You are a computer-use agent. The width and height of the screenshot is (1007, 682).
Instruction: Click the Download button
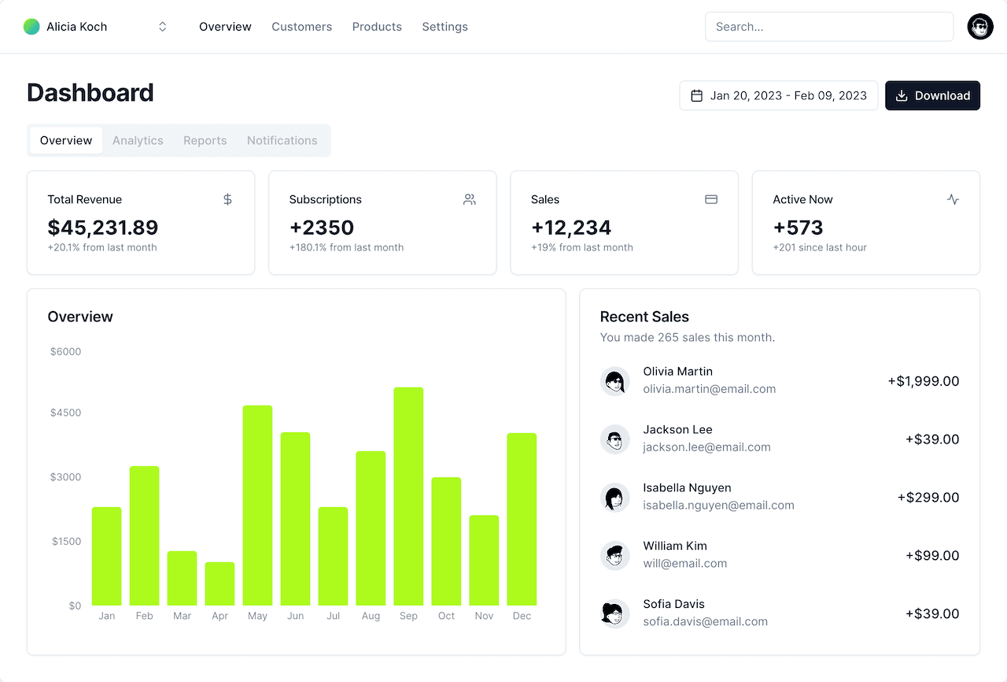pyautogui.click(x=932, y=95)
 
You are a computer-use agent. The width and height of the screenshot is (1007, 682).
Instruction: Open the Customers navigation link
pyautogui.click(x=301, y=27)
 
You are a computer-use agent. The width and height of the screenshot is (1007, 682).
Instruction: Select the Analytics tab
pyautogui.click(x=138, y=140)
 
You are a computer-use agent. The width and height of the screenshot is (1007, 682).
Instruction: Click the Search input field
pyautogui.click(x=828, y=27)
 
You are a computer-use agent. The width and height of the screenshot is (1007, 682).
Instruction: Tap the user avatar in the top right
pyautogui.click(x=979, y=27)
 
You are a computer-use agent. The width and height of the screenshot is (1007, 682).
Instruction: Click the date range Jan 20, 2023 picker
pyautogui.click(x=778, y=95)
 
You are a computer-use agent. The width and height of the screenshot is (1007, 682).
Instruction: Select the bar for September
pyautogui.click(x=408, y=496)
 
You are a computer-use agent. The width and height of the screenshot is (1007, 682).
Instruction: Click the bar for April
pyautogui.click(x=219, y=584)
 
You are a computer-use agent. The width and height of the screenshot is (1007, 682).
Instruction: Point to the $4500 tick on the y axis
pyautogui.click(x=65, y=413)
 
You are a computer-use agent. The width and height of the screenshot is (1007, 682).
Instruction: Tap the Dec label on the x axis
pyautogui.click(x=522, y=616)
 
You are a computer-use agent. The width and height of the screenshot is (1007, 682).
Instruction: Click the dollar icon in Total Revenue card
pyautogui.click(x=227, y=199)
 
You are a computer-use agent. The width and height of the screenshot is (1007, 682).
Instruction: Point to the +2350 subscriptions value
pyautogui.click(x=321, y=228)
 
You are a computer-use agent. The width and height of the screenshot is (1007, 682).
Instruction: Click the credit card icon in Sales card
pyautogui.click(x=711, y=199)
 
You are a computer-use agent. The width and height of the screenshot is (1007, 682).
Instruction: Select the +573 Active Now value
pyautogui.click(x=798, y=228)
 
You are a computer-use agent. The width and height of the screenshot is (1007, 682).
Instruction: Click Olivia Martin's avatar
pyautogui.click(x=614, y=381)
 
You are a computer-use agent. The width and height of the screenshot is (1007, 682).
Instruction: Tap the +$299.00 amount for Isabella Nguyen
pyautogui.click(x=928, y=498)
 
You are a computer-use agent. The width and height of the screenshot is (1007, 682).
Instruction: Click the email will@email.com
pyautogui.click(x=684, y=563)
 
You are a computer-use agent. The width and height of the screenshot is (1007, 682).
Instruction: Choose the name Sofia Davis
pyautogui.click(x=673, y=604)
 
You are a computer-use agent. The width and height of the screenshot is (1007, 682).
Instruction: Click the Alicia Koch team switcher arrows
pyautogui.click(x=163, y=27)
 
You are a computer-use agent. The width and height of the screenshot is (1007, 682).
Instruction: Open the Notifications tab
pyautogui.click(x=282, y=140)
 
